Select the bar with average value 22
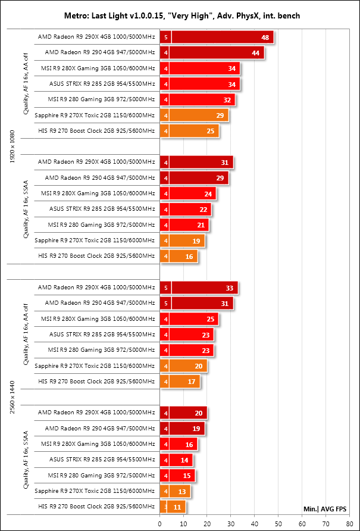click(186, 209)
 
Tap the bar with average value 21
click(184, 225)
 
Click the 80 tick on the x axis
click(349, 523)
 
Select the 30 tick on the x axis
click(231, 523)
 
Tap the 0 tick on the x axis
click(159, 523)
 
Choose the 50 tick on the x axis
click(278, 523)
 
